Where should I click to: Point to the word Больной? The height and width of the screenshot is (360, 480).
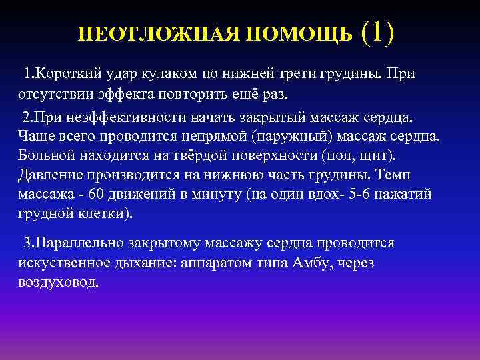[45, 156]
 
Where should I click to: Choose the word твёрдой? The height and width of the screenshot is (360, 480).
[187, 156]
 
